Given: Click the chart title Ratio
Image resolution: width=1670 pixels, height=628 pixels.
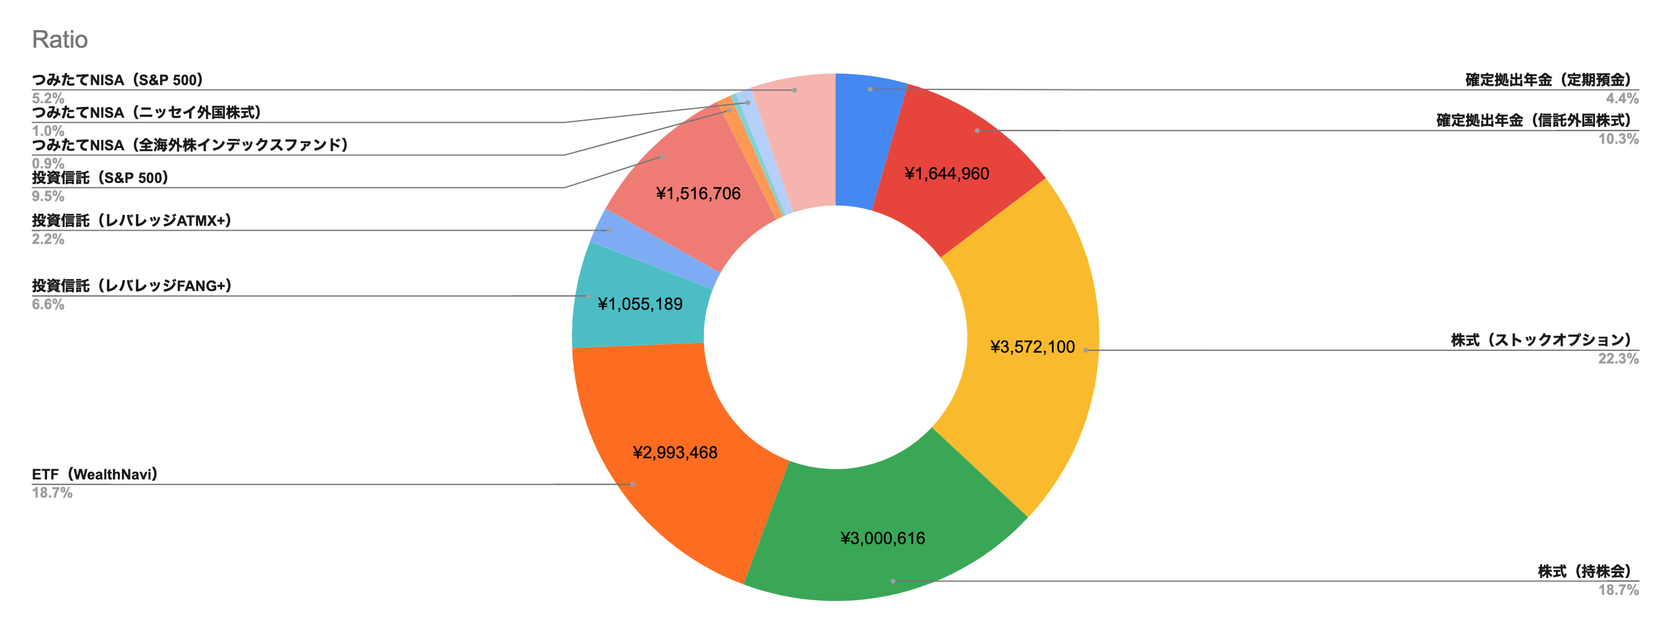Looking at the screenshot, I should pos(60,39).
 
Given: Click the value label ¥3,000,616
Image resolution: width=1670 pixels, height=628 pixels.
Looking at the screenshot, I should pos(882,538).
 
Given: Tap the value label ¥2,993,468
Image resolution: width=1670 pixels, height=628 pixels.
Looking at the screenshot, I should pos(675,452).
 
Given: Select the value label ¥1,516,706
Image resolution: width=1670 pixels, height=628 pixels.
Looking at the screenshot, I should pos(697,193).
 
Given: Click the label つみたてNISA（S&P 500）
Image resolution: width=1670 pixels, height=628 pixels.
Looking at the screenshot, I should pos(117,80).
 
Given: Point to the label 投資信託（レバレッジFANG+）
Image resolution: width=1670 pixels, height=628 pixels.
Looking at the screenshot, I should pos(132,285).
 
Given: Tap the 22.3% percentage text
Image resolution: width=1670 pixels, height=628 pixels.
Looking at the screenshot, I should pos(1617,359).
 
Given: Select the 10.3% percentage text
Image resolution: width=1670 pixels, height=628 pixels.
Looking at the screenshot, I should pos(1617,139).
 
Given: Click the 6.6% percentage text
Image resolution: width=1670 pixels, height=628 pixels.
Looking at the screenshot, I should pos(48,304).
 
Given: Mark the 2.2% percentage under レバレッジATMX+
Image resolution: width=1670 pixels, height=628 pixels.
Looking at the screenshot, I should pos(48,239).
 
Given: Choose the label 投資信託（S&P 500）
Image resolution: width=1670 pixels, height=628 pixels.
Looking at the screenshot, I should pos(100,178).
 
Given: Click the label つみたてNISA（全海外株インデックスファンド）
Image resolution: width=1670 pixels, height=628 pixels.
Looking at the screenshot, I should pos(190,144).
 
